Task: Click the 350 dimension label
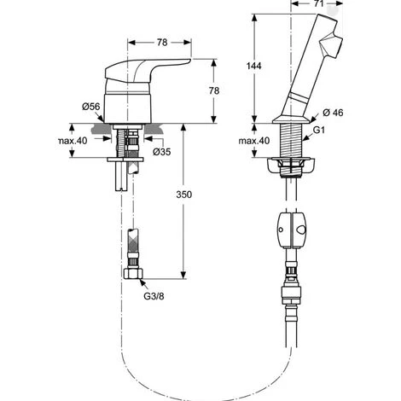183,195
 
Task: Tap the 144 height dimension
253,66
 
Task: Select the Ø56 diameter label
91,107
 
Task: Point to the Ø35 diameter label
162,152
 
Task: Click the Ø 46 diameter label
333,113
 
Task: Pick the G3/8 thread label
154,296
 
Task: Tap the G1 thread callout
318,130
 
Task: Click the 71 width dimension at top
319,3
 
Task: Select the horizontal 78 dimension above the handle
162,43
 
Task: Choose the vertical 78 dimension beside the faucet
214,90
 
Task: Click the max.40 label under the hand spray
253,141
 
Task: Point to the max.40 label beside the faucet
73,141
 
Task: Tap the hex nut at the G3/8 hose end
133,274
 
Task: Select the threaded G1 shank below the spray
291,141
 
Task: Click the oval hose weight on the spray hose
291,230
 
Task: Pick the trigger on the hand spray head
331,45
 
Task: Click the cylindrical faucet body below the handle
127,108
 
